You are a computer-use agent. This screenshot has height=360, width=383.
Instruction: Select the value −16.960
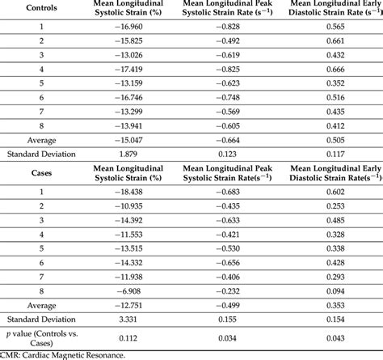click(x=131, y=26)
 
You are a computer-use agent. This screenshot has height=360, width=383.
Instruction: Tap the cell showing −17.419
click(x=131, y=70)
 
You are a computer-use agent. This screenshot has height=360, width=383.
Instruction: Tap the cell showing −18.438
click(x=131, y=191)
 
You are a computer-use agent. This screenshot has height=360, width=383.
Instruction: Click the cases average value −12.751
click(x=131, y=306)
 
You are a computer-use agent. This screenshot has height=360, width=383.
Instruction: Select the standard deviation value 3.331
click(x=131, y=320)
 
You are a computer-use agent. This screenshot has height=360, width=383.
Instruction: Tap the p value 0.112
click(x=131, y=341)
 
